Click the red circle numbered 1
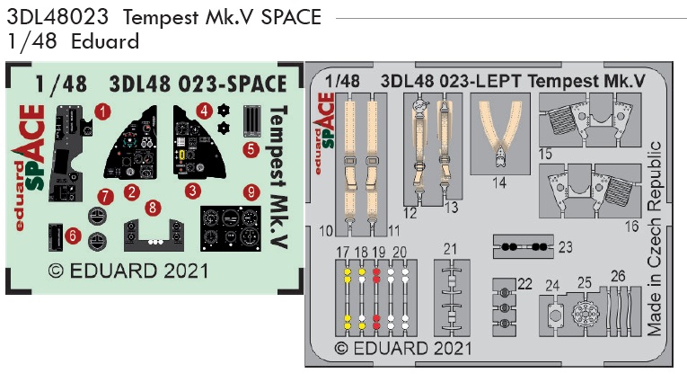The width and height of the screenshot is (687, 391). (102, 111)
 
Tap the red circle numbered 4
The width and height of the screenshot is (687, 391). (204, 111)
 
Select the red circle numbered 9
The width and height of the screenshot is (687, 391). (251, 192)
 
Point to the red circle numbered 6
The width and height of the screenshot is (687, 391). (73, 235)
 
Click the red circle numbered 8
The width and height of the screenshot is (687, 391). (153, 208)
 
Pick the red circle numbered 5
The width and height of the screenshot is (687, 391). (251, 149)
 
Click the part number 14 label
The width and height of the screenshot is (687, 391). (499, 182)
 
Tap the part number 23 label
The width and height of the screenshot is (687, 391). (565, 247)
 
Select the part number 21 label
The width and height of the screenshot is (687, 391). (450, 249)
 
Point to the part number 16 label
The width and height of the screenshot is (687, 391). (631, 227)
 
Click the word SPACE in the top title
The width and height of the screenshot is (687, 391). (291, 17)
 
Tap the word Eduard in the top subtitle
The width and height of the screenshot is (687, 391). (105, 41)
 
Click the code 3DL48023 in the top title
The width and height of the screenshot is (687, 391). (57, 17)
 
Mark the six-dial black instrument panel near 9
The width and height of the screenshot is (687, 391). (231, 228)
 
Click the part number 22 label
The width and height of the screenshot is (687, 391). (524, 284)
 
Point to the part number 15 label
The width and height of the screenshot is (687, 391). (545, 155)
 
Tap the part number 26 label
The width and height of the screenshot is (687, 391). (618, 276)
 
